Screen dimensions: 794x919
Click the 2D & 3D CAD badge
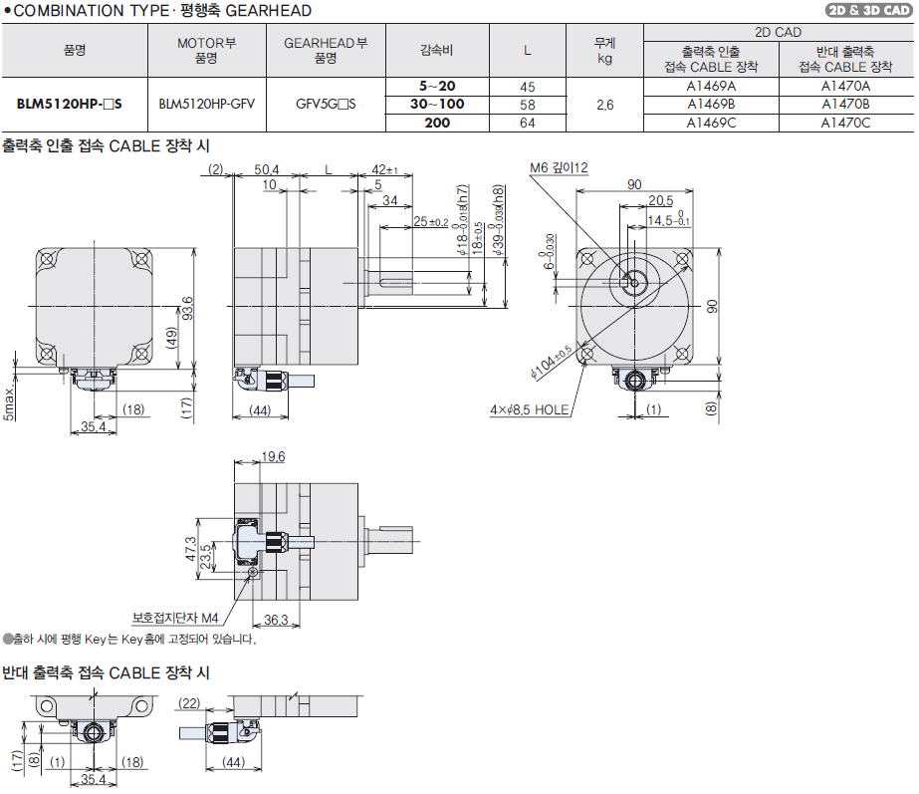pos(867,11)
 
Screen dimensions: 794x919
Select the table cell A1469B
pos(711,104)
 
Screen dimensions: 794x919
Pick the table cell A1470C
pos(845,123)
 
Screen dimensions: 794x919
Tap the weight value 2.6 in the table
pos(604,104)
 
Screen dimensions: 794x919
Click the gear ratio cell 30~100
pos(437,104)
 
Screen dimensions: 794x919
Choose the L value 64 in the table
pos(528,123)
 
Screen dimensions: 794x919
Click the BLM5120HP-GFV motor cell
pos(206,104)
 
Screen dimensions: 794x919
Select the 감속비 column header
pos(437,49)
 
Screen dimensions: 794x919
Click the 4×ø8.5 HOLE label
pos(529,409)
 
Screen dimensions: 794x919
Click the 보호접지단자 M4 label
pos(175,617)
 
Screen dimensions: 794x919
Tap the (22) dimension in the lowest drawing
pos(189,702)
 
